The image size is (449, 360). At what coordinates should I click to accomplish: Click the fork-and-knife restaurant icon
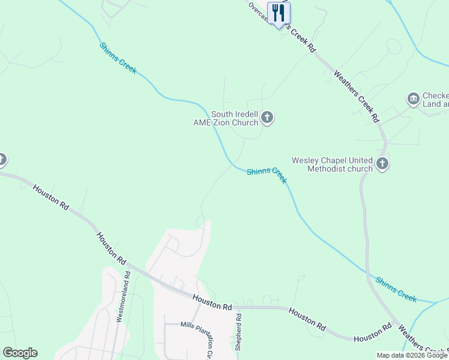[x=278, y=13]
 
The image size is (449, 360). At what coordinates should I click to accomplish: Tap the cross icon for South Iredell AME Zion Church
[x=267, y=118]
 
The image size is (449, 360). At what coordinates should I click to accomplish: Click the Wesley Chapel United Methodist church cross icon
[x=382, y=163]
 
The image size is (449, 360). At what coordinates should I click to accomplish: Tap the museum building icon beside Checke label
[x=413, y=99]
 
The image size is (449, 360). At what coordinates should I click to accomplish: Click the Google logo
[x=20, y=353]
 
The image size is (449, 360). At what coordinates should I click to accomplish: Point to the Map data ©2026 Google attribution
[x=412, y=355]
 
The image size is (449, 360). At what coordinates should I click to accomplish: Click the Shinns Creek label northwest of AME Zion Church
[x=118, y=58]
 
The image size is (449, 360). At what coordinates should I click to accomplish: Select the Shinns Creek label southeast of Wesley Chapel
[x=396, y=289]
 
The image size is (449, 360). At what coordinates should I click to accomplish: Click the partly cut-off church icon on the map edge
[x=2, y=160]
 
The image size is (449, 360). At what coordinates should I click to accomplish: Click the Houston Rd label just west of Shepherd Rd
[x=212, y=302]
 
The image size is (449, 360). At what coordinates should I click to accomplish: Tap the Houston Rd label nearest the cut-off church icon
[x=50, y=197]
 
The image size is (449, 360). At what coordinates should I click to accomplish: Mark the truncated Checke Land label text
[x=435, y=100]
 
